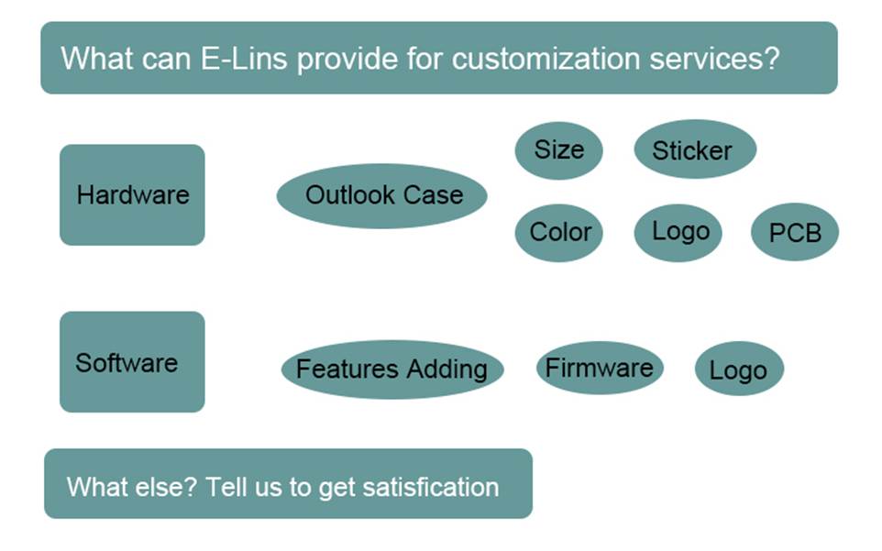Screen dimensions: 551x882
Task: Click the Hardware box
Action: click(132, 194)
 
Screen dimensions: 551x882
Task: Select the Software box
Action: click(132, 362)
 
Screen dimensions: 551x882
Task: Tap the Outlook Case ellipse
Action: click(382, 195)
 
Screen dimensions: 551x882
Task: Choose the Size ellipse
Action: click(558, 149)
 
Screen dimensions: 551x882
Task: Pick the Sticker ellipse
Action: click(694, 150)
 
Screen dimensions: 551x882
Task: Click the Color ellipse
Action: click(559, 232)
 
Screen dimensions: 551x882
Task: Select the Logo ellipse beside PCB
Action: click(678, 232)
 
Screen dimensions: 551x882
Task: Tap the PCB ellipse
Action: click(794, 233)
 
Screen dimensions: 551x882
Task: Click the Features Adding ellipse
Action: click(391, 369)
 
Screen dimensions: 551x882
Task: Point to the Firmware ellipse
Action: click(599, 369)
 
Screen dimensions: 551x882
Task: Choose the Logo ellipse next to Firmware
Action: click(739, 370)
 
